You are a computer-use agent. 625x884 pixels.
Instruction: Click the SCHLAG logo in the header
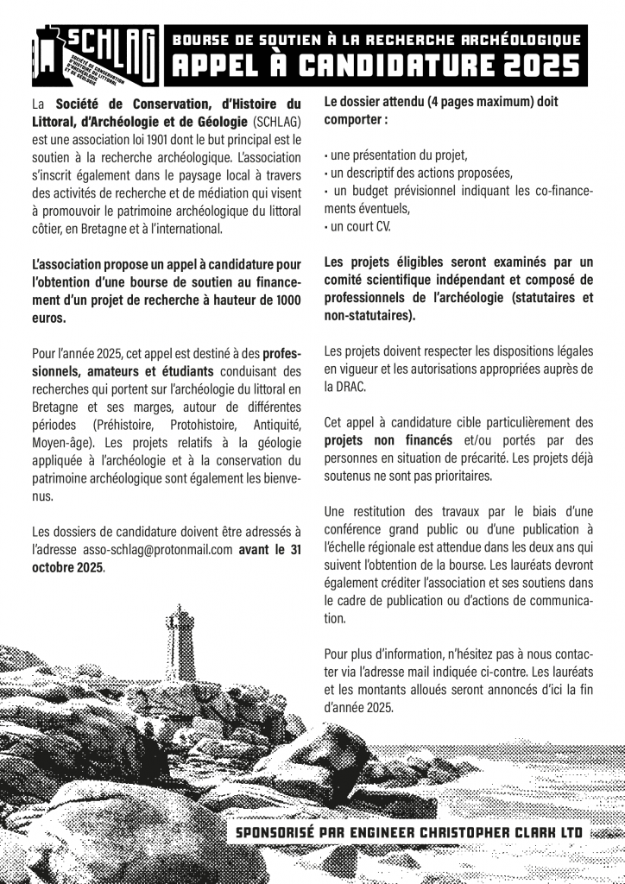point(94,54)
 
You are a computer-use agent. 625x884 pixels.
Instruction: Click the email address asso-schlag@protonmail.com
point(159,550)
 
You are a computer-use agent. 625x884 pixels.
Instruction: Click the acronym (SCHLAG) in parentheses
point(278,121)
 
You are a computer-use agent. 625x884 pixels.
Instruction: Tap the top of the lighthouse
point(180,611)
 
